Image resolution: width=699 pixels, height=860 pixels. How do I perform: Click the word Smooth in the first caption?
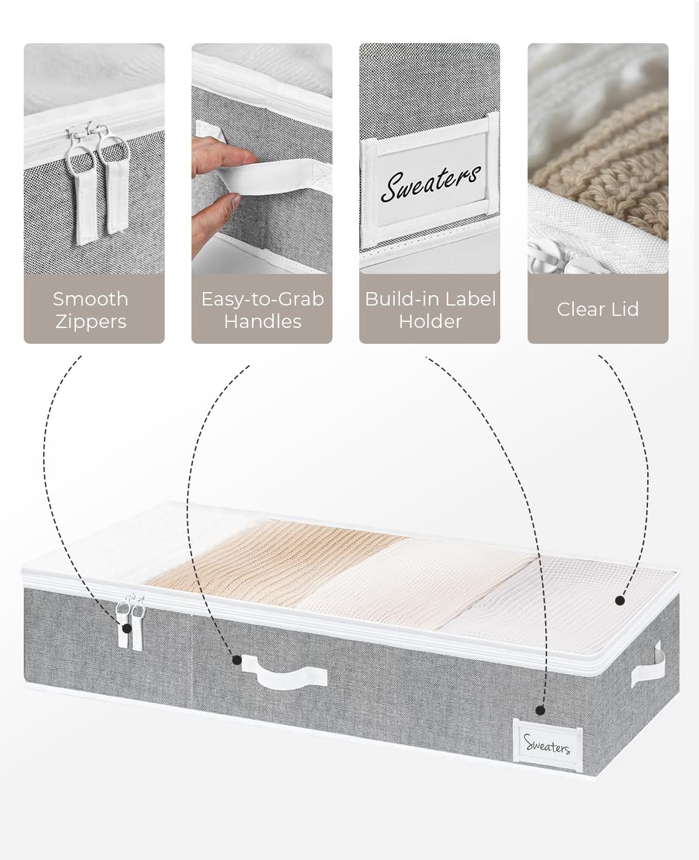click(91, 299)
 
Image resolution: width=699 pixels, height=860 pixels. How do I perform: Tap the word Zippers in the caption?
click(91, 322)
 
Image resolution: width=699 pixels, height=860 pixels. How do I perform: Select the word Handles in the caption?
click(263, 322)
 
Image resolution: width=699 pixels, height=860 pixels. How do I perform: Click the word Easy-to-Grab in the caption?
click(263, 299)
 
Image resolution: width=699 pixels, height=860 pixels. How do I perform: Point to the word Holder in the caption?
click(430, 322)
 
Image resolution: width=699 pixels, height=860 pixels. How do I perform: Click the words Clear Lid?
click(598, 309)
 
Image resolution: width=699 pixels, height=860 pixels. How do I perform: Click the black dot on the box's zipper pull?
click(127, 629)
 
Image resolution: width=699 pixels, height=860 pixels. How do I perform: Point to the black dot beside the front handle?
click(237, 660)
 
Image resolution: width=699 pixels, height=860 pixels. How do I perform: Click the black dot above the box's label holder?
click(540, 710)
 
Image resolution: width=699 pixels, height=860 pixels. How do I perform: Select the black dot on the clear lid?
click(620, 601)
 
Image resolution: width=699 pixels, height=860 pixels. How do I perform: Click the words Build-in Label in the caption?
click(430, 299)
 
